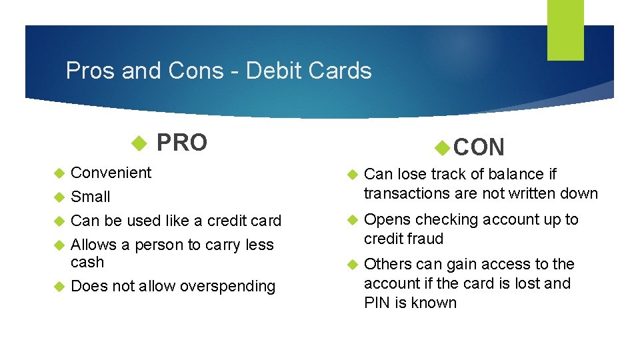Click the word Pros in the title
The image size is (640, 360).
coord(90,71)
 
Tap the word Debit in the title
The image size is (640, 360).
coord(275,71)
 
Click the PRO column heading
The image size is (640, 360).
coord(181,143)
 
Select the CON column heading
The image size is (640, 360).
coord(479,147)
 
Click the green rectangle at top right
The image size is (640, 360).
coord(565,29)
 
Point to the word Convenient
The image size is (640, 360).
coord(111,173)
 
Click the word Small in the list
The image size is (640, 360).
coord(91,197)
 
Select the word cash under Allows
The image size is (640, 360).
coord(87,263)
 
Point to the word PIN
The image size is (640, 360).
coord(377,303)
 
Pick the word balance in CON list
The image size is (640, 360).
coord(514,175)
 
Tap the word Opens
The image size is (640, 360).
coord(387,220)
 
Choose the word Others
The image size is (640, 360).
coord(388,265)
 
